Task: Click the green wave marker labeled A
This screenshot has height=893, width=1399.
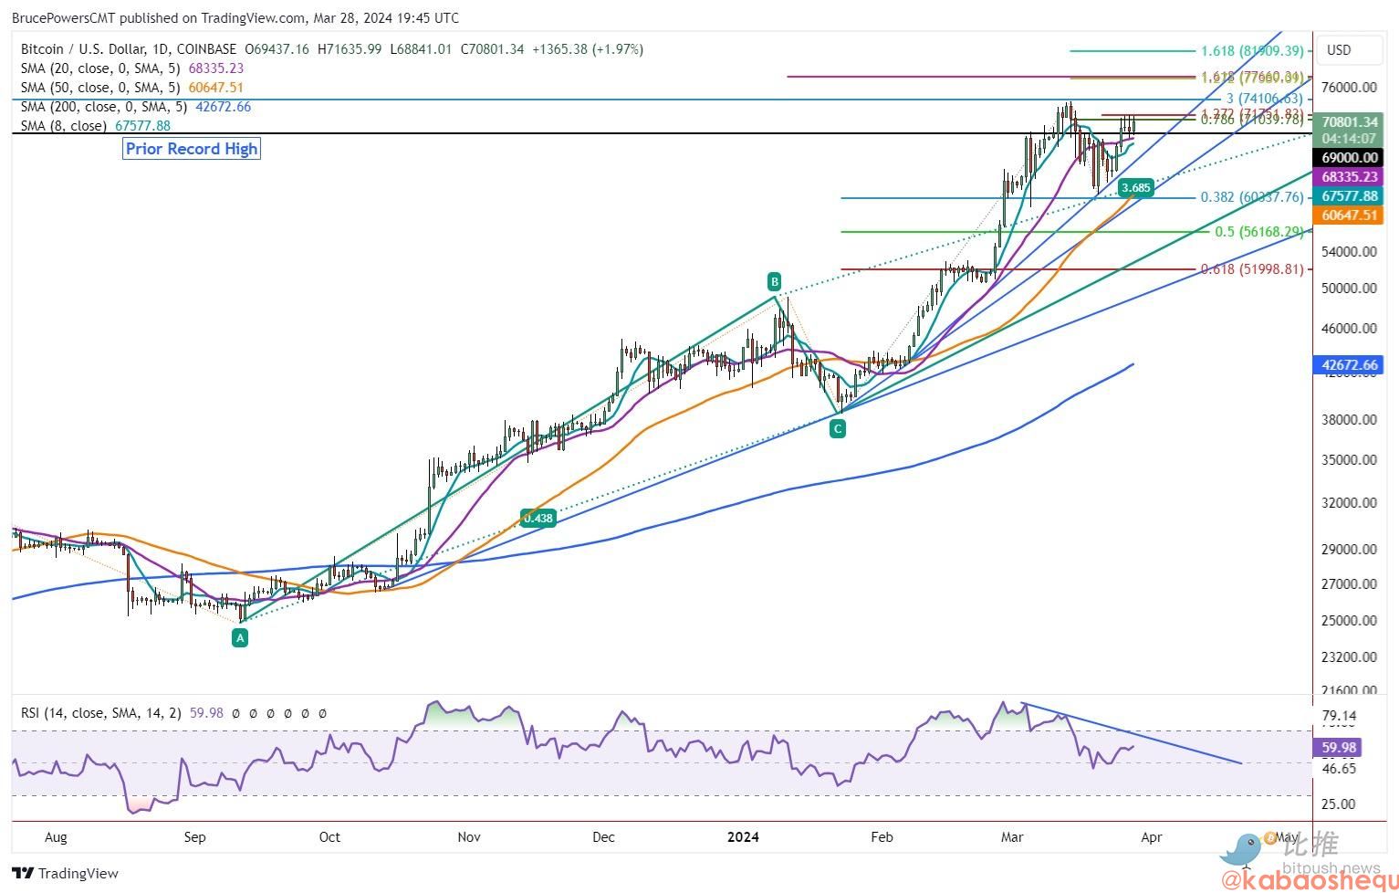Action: pos(240,638)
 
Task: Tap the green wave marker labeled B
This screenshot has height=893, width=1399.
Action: pos(774,280)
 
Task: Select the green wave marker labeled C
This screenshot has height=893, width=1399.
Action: pos(838,427)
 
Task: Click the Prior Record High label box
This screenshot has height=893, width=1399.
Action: pos(192,149)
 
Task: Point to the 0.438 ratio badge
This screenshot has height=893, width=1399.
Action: pos(538,518)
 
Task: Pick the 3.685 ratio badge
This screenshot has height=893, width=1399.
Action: pos(1136,188)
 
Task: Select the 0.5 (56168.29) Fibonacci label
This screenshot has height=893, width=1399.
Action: pos(1259,232)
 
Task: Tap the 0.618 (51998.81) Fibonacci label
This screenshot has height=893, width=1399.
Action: pos(1252,269)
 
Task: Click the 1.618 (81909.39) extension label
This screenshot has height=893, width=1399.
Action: pos(1252,51)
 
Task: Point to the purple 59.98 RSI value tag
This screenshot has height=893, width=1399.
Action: pos(1339,747)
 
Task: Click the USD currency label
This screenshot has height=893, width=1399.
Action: pos(1339,50)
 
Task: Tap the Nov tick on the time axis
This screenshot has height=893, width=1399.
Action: pos(469,836)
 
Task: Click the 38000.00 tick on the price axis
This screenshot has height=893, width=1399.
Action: pos(1349,420)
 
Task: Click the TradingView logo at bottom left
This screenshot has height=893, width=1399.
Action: pos(66,874)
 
